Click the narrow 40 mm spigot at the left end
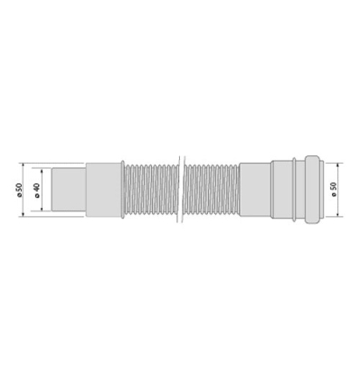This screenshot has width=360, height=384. point(68,191)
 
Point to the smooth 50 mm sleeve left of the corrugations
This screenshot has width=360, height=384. point(104,191)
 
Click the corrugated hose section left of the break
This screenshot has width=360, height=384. point(151,191)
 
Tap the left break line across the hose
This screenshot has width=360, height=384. point(181,191)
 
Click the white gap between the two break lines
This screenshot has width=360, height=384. point(185,191)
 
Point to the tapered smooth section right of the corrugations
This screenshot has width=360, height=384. point(257,191)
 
